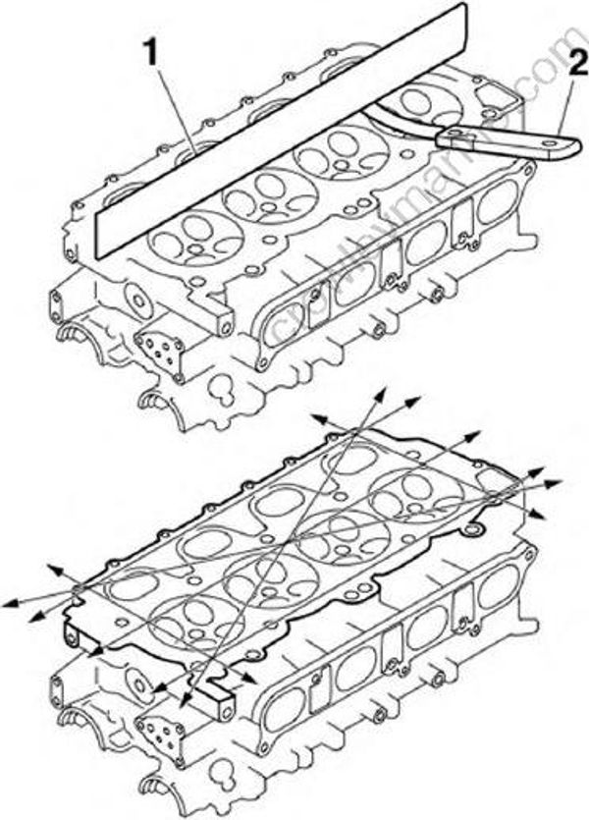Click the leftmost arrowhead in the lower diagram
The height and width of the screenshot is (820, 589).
coord(8,602)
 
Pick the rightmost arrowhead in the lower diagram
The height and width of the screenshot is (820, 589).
coord(557,482)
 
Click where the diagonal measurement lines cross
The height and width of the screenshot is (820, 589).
coord(292,543)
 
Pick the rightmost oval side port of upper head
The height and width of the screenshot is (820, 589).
coord(491,206)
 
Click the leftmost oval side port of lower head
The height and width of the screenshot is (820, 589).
coord(285,706)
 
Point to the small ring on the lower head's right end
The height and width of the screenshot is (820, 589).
coord(477,531)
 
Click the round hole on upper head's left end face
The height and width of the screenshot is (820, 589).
coord(137,300)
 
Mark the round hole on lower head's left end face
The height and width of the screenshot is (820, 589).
coord(136,682)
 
